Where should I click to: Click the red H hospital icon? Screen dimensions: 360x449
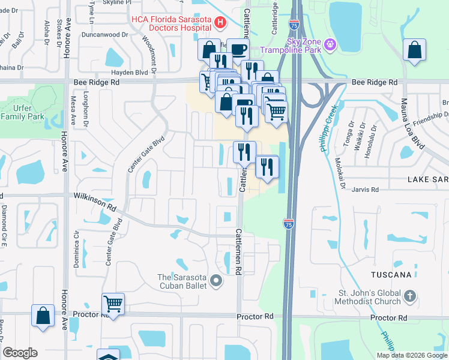click(220, 23)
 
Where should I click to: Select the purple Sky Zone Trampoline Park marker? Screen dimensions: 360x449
click(330, 45)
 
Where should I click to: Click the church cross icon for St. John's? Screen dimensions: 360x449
click(409, 296)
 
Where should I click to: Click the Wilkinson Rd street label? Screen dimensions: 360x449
click(94, 200)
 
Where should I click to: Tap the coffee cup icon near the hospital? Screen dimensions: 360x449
click(238, 49)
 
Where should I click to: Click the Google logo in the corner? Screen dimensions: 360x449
click(20, 353)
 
